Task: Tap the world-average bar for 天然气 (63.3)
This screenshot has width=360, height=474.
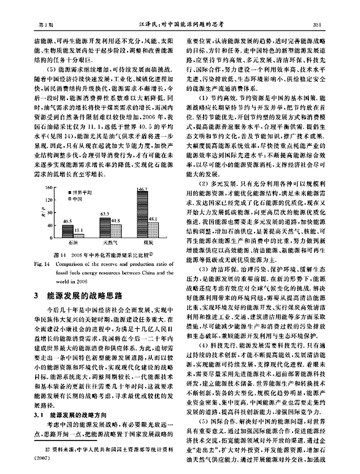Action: [x=105, y=224]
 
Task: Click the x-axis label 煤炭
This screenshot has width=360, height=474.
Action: [x=147, y=242]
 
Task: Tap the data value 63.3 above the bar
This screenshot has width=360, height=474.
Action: [x=105, y=213]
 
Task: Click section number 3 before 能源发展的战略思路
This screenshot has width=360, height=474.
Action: [x=37, y=295]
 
